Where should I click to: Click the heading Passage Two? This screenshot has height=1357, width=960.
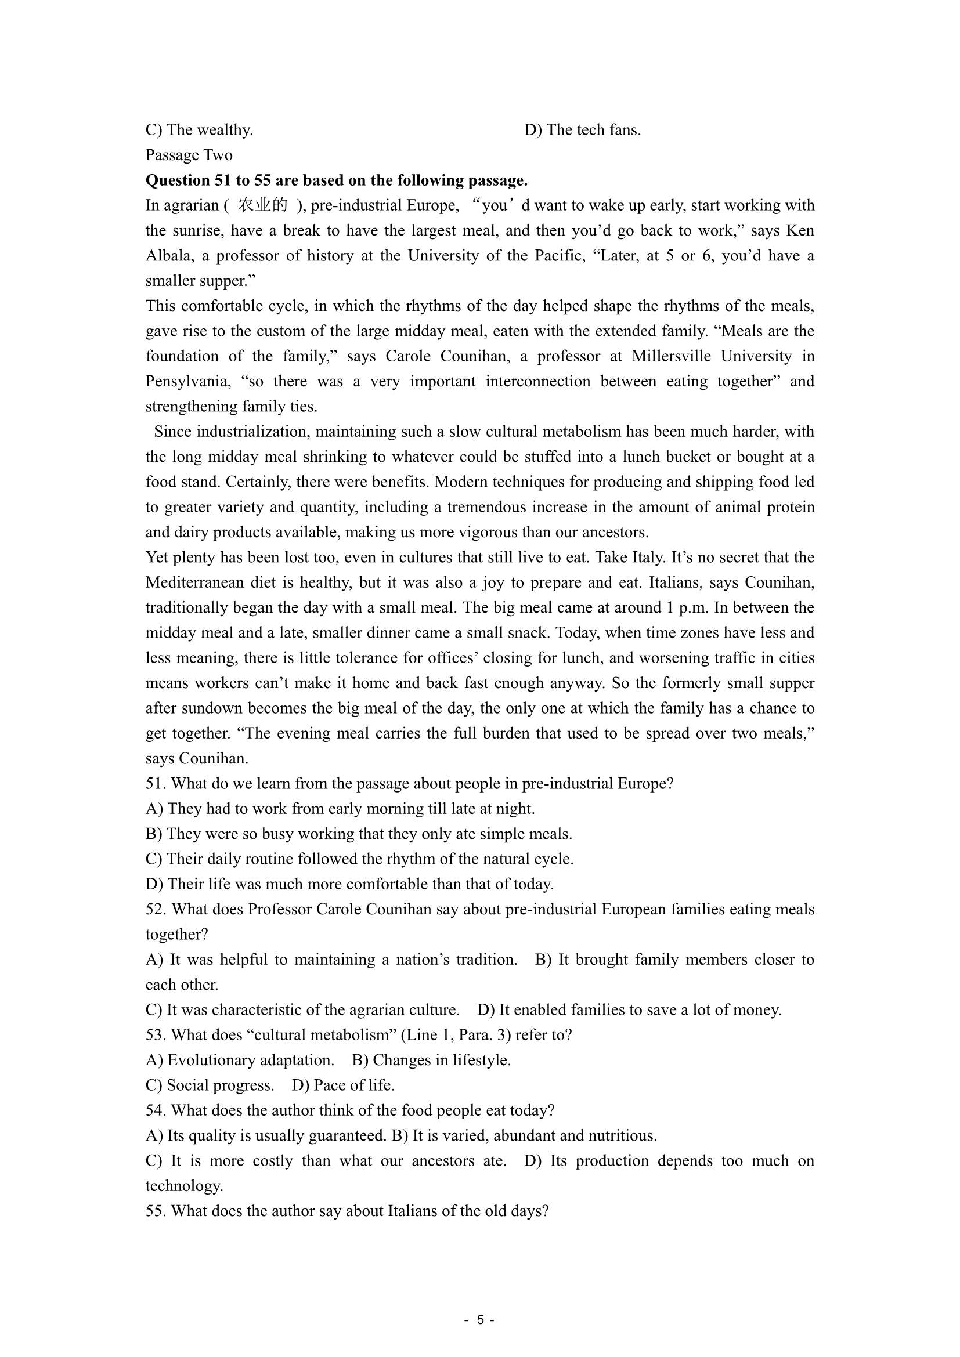(189, 155)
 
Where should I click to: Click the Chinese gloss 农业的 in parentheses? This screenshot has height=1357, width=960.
(262, 205)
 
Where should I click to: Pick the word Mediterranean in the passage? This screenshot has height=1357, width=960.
(210, 582)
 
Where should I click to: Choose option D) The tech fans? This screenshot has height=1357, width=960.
(582, 130)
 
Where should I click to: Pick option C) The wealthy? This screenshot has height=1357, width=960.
(199, 130)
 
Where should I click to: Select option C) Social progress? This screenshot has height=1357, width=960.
(210, 1085)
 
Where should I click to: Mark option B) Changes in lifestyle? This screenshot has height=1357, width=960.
(431, 1060)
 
